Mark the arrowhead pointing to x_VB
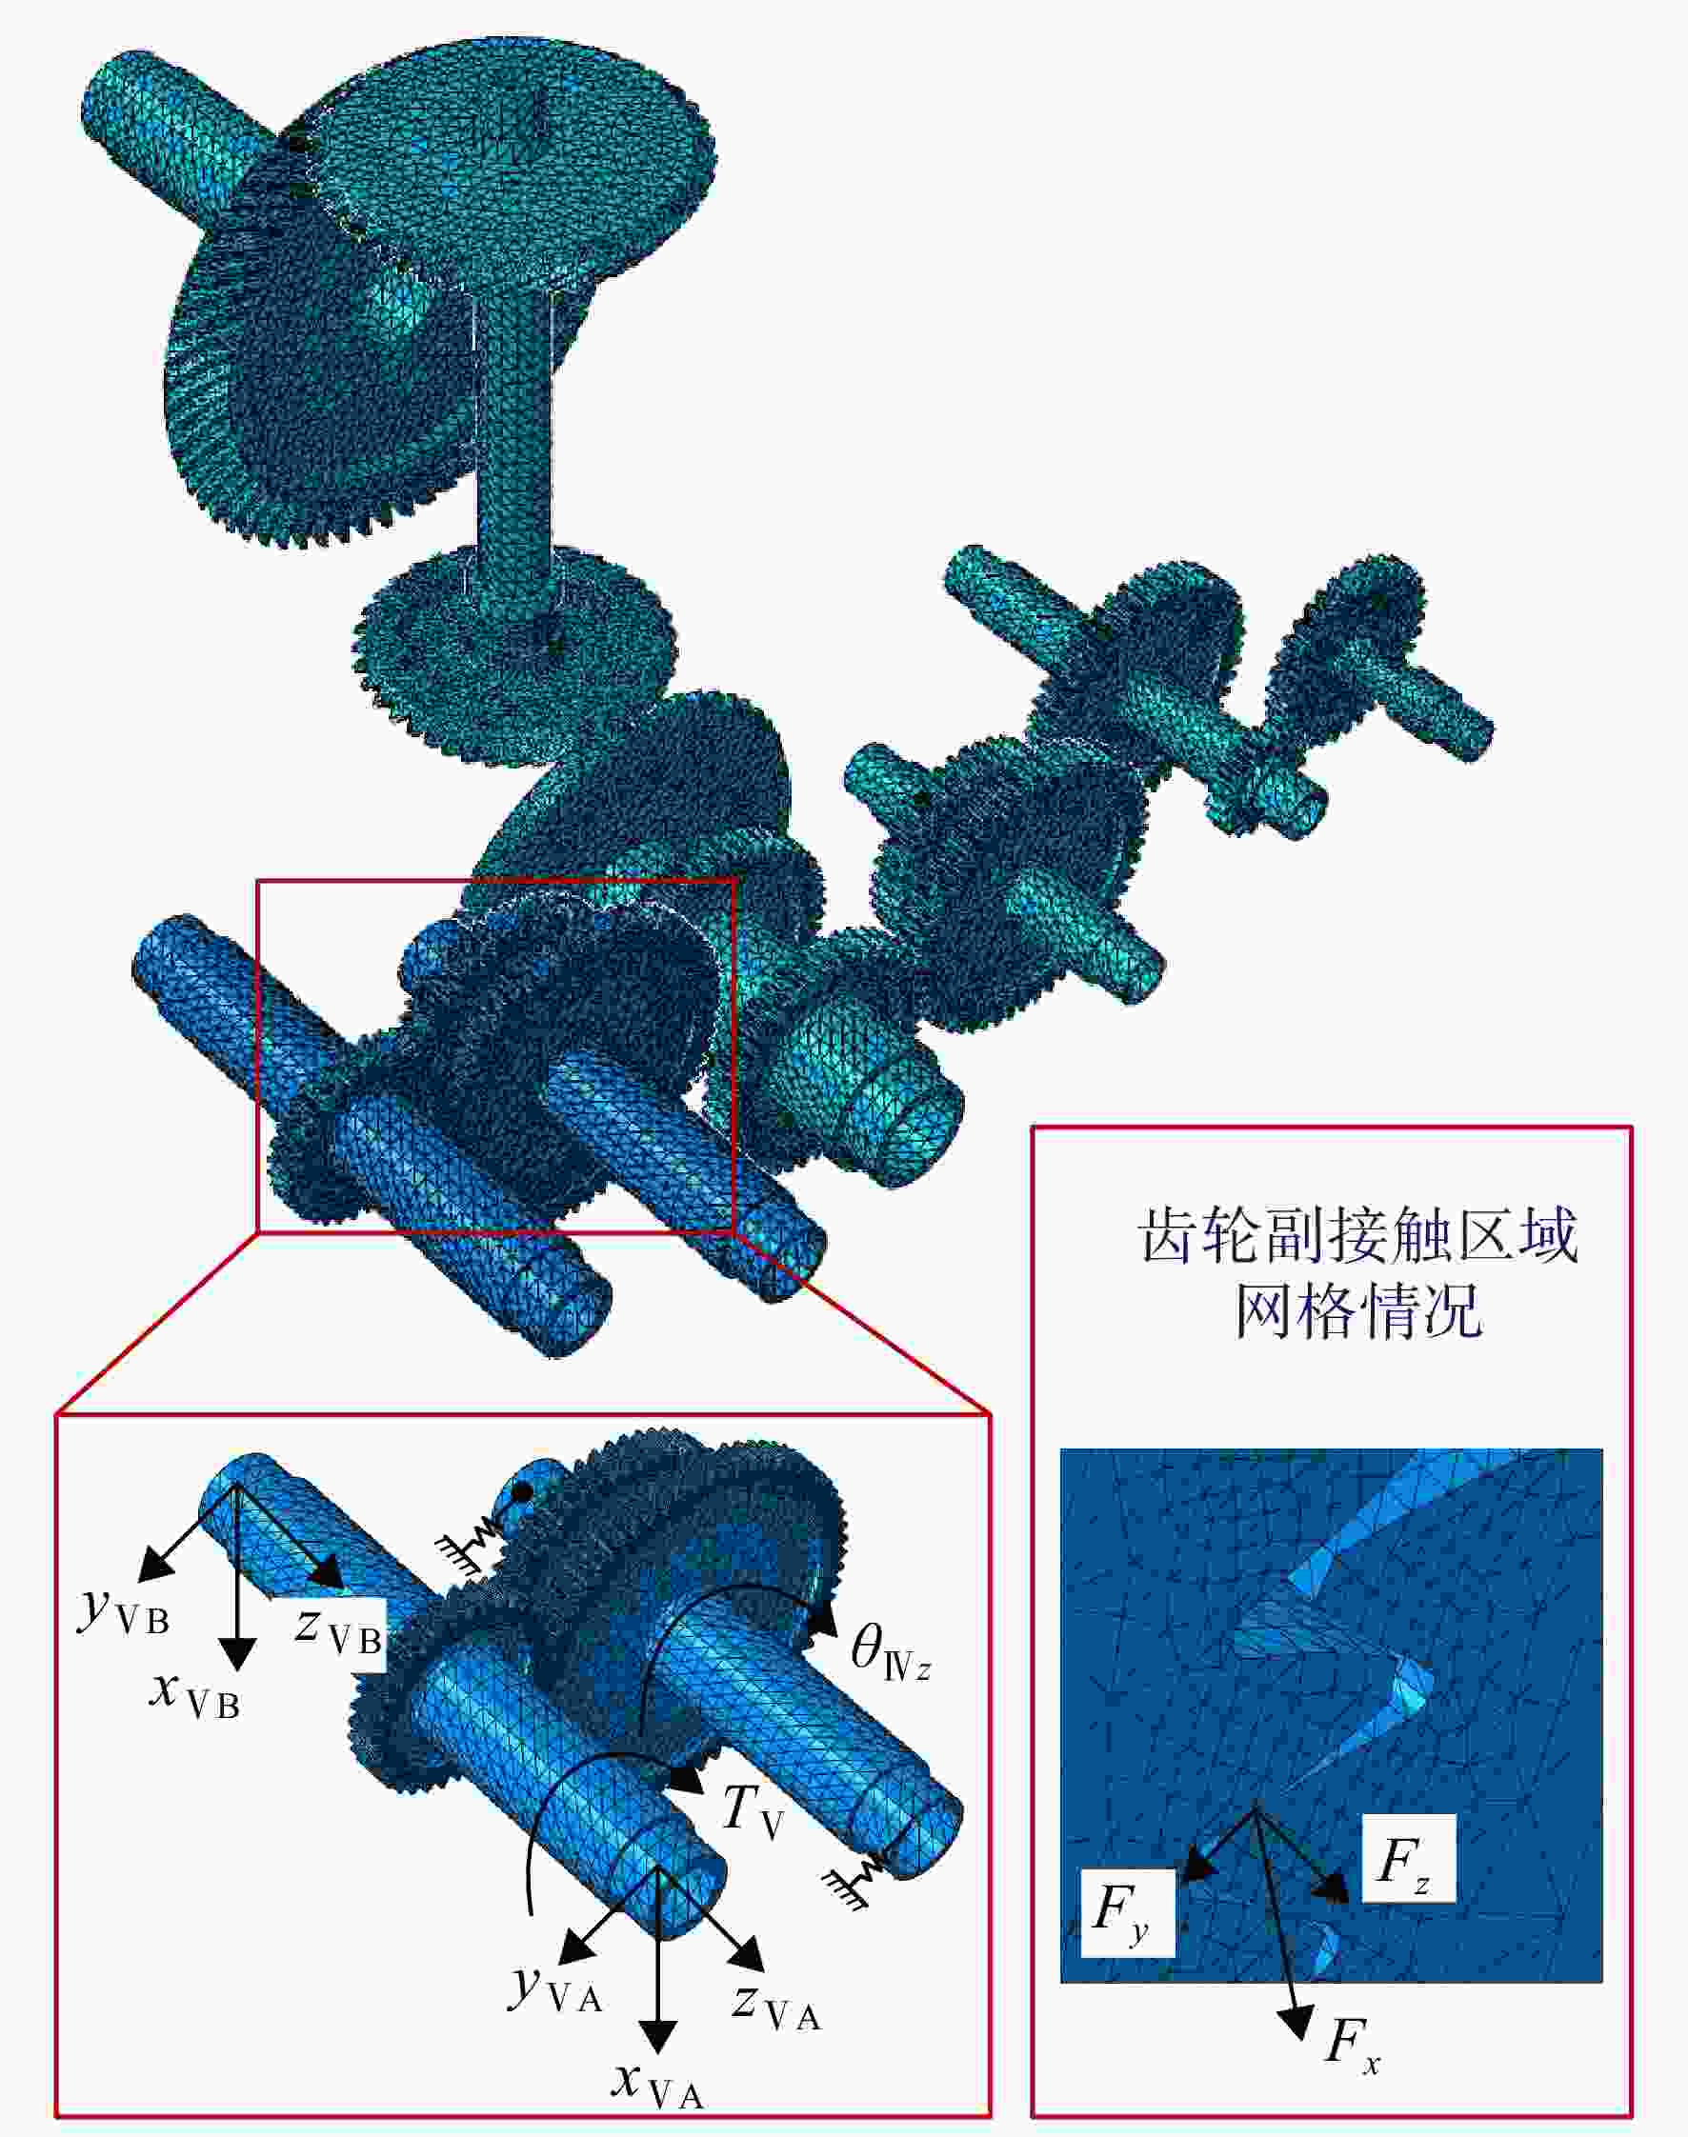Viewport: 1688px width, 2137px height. point(237,1652)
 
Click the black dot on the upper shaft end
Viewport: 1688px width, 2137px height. point(524,1489)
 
